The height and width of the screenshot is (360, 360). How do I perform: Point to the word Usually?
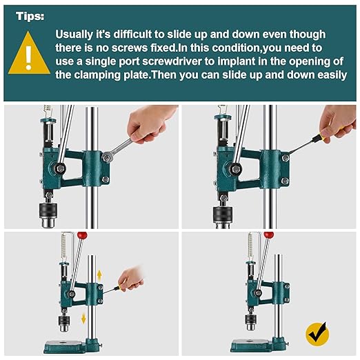[x=75, y=34]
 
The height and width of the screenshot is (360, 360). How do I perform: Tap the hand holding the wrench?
[x=154, y=124]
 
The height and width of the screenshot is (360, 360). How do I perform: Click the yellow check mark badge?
[x=317, y=334]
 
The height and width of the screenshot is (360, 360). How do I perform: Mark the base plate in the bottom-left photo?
[x=72, y=346]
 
